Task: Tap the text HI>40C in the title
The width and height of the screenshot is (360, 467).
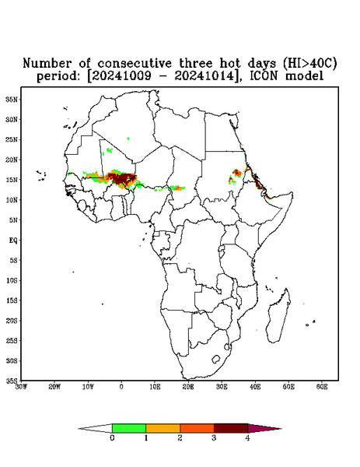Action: [309, 63]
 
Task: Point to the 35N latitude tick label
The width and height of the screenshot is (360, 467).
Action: [12, 99]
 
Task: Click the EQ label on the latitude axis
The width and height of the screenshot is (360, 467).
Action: [13, 240]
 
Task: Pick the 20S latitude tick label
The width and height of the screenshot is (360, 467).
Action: [12, 321]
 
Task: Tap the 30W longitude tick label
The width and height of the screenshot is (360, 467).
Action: [22, 387]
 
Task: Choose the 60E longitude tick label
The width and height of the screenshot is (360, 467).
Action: [322, 387]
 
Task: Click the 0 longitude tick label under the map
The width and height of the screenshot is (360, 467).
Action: [121, 387]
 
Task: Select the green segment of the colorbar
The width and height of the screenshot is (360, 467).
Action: [129, 428]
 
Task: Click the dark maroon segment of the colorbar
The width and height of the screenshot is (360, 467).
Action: [231, 428]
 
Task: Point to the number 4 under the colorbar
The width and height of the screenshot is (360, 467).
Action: [247, 438]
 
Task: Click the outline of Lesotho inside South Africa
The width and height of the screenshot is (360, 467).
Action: [216, 359]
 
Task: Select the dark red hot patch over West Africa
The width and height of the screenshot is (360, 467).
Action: [124, 178]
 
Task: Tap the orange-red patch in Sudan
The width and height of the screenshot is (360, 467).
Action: [237, 173]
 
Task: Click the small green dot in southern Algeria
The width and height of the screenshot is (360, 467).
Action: [128, 139]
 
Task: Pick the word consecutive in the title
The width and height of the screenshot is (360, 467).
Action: [135, 63]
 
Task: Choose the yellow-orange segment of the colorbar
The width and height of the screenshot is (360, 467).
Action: [163, 428]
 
